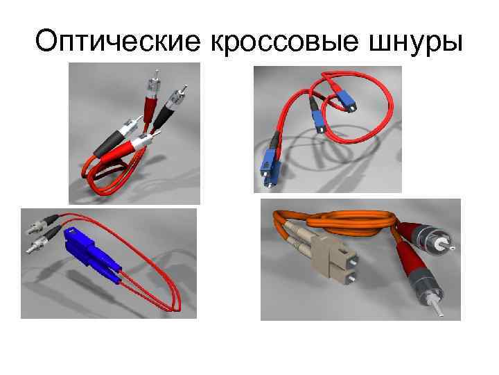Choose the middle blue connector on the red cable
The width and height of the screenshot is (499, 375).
click(x=319, y=122)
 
